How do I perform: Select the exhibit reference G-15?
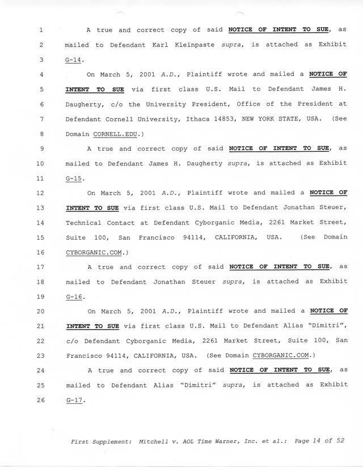tap(74, 178)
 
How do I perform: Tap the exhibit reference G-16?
tap(74, 296)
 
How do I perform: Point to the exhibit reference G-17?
tap(74, 400)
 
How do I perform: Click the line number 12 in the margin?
tap(40, 193)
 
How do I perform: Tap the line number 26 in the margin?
tap(40, 400)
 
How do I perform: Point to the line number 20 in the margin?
tap(40, 311)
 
